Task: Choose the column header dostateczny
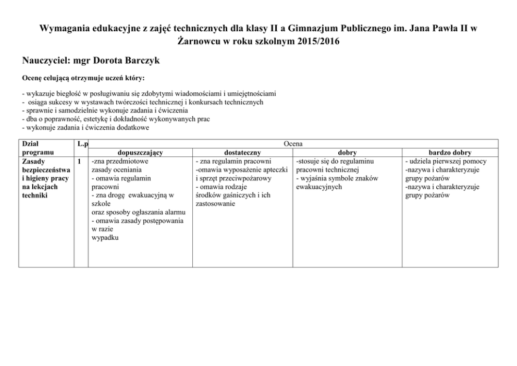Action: click(x=242, y=153)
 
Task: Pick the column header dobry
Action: click(x=347, y=153)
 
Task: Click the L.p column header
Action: click(x=81, y=144)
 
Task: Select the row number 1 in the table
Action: click(x=79, y=162)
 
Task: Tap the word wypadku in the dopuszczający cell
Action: click(x=105, y=238)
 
